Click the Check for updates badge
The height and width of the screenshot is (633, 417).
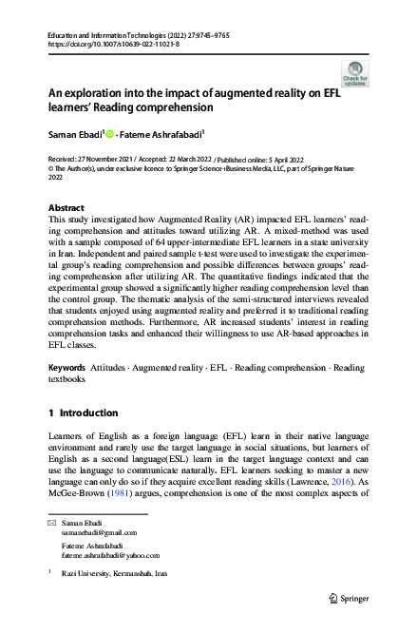(x=354, y=73)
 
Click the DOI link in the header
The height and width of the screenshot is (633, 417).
(x=96, y=44)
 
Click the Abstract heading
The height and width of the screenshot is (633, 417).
(x=66, y=207)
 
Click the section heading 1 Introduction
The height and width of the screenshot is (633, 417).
(x=83, y=413)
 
